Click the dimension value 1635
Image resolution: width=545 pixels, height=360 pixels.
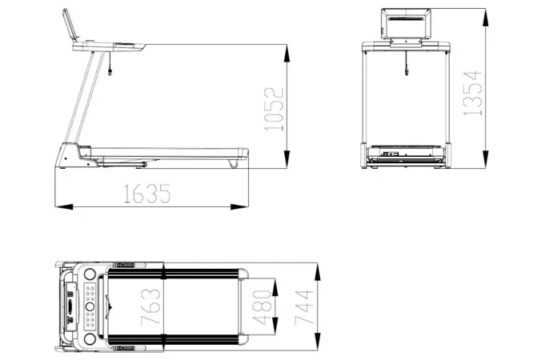pyautogui.click(x=147, y=194)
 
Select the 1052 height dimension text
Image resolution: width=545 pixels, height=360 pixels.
pyautogui.click(x=275, y=110)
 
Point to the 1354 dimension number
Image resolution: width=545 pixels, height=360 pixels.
pyautogui.click(x=473, y=93)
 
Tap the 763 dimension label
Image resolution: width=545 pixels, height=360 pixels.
pyautogui.click(x=150, y=307)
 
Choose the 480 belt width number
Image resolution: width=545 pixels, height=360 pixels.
pyautogui.click(x=262, y=307)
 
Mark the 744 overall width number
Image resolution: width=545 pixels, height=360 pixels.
pyautogui.click(x=304, y=307)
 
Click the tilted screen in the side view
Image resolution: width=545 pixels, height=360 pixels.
pyautogui.click(x=70, y=24)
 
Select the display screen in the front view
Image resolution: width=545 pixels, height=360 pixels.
pyautogui.click(x=406, y=23)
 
